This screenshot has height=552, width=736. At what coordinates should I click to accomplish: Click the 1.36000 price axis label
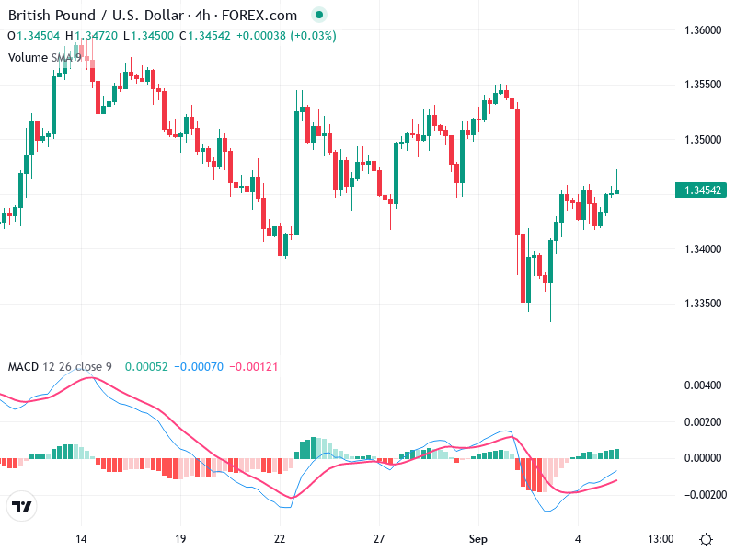click(703, 30)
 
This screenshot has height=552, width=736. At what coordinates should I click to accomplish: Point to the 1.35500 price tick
click(703, 85)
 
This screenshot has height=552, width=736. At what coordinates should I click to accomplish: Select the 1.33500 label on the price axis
click(703, 304)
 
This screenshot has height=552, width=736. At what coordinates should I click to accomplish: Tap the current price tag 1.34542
click(703, 190)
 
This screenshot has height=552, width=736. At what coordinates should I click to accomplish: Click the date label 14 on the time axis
click(81, 538)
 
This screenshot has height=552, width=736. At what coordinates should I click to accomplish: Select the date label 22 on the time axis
click(280, 538)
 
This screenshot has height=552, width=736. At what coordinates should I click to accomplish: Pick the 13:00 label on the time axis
click(661, 538)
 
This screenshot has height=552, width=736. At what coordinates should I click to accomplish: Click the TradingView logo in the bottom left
click(22, 507)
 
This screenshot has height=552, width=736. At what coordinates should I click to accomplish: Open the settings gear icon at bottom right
click(706, 539)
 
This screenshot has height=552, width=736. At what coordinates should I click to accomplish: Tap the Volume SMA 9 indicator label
click(45, 57)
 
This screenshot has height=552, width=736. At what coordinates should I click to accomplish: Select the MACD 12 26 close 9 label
click(60, 366)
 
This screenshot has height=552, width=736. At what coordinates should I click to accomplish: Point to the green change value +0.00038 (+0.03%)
click(286, 36)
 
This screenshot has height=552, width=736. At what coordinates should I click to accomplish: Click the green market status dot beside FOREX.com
click(318, 16)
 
